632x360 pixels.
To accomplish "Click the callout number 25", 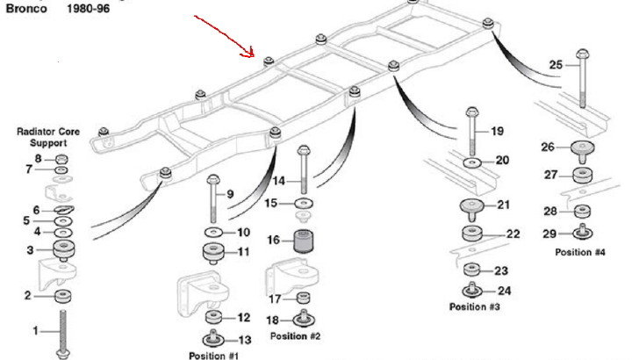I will [556, 64].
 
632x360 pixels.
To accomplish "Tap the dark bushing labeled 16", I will [303, 240].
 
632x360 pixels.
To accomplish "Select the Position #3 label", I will [474, 306].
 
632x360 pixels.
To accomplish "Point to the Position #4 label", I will [579, 252].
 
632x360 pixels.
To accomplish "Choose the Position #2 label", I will [296, 335].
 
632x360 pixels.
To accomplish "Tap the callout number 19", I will [497, 132].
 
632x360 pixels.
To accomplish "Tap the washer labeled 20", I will [473, 163].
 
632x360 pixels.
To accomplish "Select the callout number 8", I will [38, 158].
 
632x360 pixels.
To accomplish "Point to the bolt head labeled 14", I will [303, 151].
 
